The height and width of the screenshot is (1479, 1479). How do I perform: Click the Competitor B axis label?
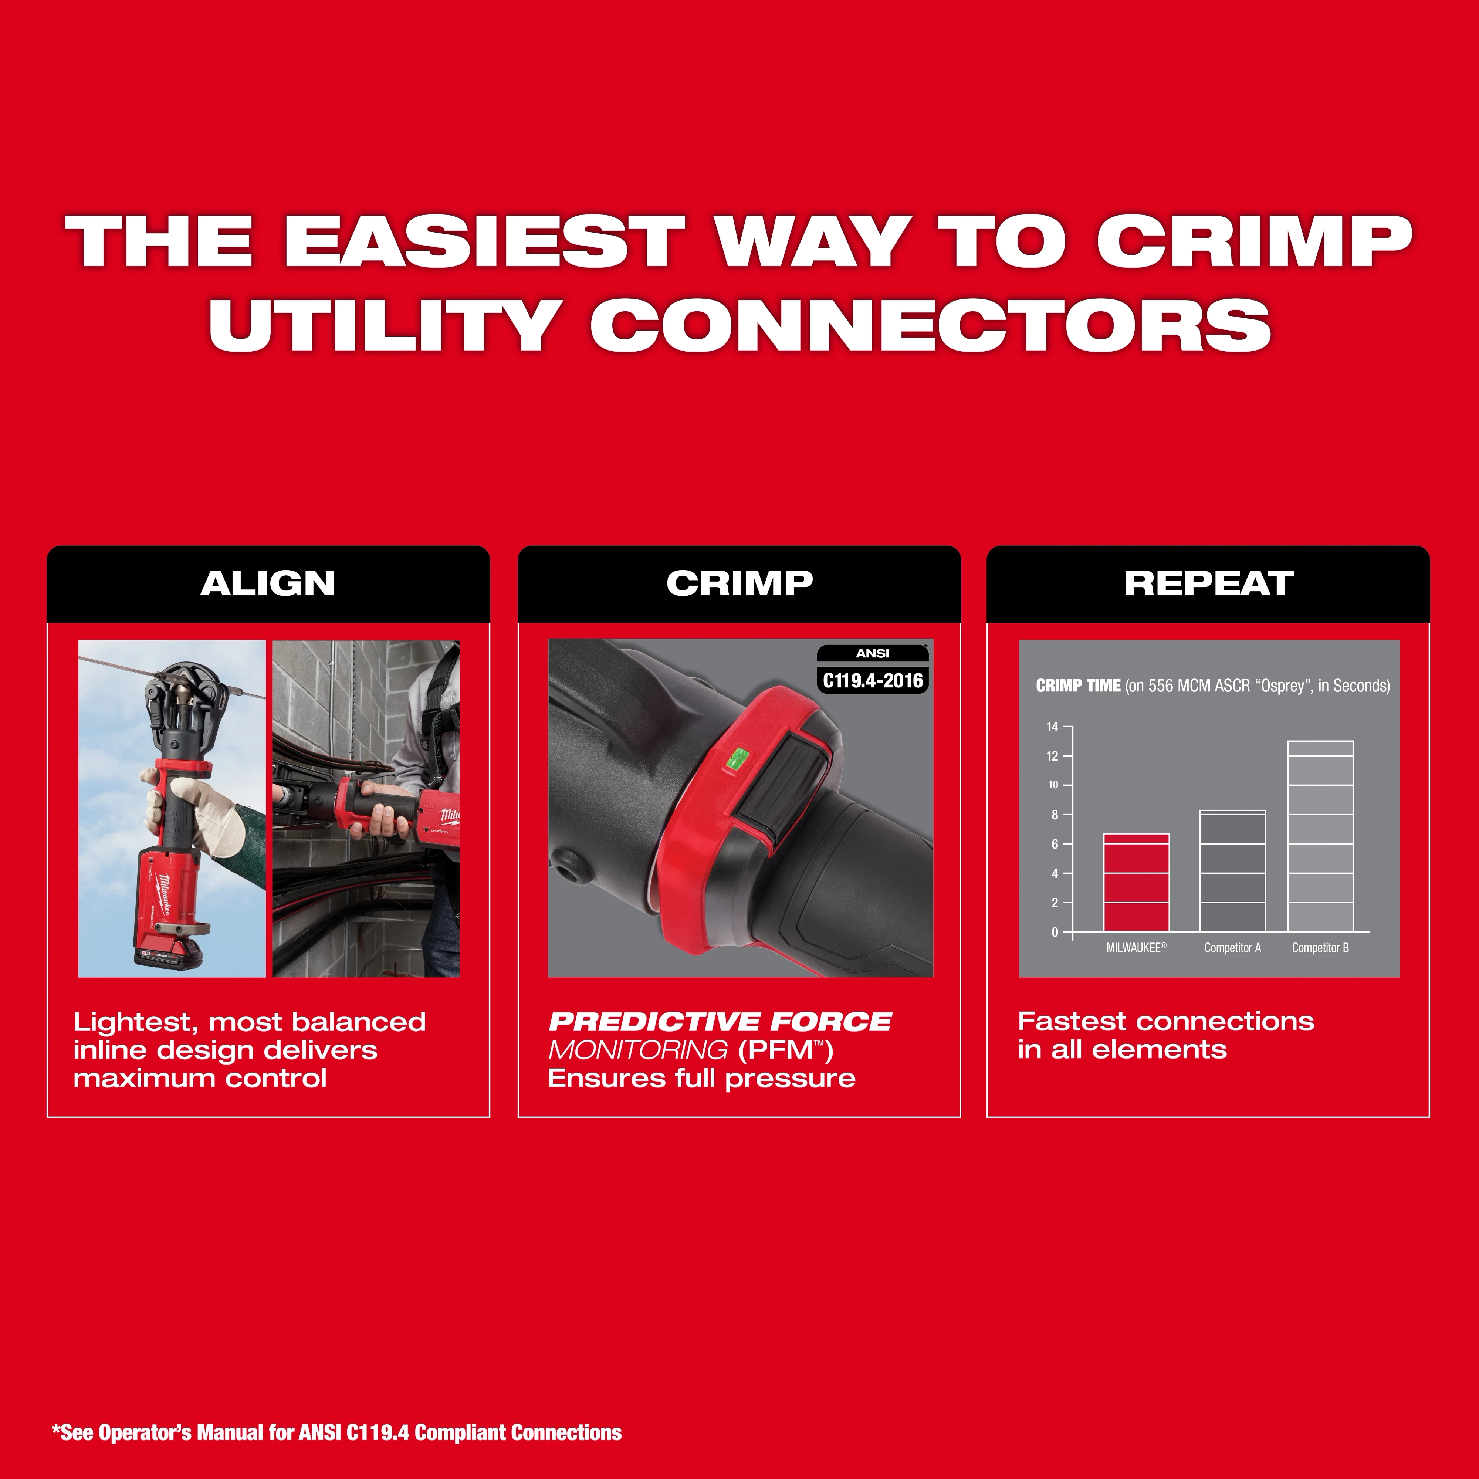click(x=1320, y=948)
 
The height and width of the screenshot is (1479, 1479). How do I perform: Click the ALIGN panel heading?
click(x=268, y=583)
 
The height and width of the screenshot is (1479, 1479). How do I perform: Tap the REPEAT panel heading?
click(x=1208, y=583)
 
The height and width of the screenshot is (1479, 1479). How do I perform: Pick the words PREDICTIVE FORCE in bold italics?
click(x=720, y=1022)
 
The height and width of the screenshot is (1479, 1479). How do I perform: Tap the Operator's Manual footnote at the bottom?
click(x=337, y=1432)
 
